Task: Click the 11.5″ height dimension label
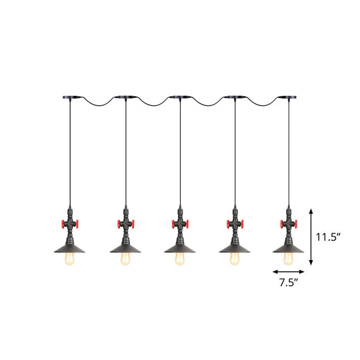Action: [329, 235]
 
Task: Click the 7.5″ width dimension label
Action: [289, 283]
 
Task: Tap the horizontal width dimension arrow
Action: [289, 271]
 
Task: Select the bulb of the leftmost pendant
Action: [69, 261]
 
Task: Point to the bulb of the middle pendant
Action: [179, 261]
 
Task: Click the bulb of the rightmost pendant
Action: [289, 261]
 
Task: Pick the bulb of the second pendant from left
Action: [124, 261]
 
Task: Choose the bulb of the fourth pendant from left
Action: [235, 261]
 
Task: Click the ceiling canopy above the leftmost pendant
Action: [68, 97]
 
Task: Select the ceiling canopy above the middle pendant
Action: [179, 97]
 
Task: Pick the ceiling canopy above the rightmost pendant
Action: [289, 97]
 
